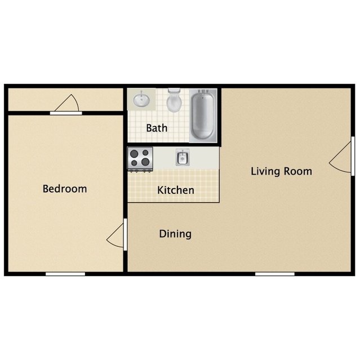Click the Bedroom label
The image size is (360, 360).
coord(65,189)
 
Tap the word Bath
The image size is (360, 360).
coord(157,128)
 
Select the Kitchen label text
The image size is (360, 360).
coord(176,190)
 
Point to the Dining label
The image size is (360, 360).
coord(175,234)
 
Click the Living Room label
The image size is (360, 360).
coord(281,171)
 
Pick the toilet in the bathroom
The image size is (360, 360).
coord(175,101)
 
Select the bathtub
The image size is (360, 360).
coord(203,115)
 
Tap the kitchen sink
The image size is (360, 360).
coord(182,158)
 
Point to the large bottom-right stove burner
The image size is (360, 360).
coord(145,163)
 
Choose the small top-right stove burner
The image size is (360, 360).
coord(146,153)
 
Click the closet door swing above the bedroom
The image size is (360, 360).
coord(68,105)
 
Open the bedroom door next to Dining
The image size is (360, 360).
coord(117,234)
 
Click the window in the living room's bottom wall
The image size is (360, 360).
coord(274,274)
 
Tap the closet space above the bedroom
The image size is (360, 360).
coord(34,100)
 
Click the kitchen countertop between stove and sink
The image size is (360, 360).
coord(164,158)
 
